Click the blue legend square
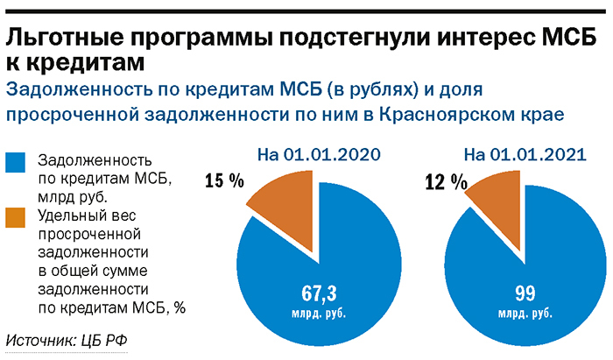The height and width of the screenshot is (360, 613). (x=18, y=164)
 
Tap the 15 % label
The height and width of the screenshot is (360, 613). (x=224, y=182)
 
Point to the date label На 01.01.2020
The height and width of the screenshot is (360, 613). (x=321, y=155)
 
